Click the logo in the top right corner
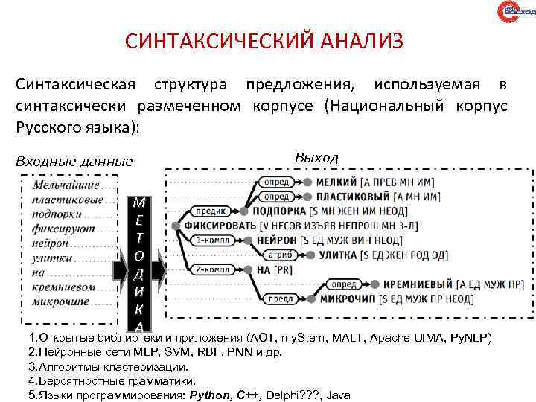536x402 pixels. coord(514,13)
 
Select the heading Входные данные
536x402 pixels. coord(74,161)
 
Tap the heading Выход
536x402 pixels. coord(316,157)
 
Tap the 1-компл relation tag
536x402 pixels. coord(213,240)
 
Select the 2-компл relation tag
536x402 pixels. coord(213,269)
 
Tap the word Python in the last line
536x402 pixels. coord(211,395)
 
